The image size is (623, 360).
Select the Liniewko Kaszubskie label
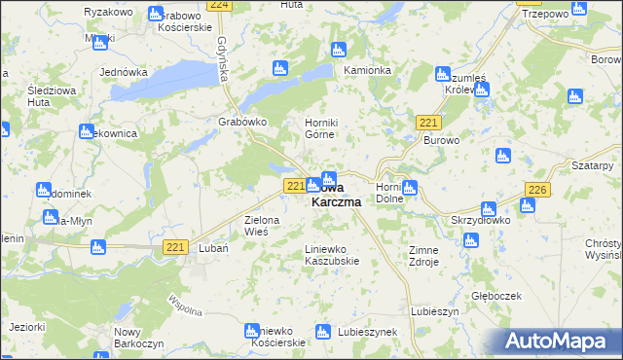pos(333,254)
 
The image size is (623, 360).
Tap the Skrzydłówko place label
pos(476,221)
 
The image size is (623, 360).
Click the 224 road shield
pos(220,5)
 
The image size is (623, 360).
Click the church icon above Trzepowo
pos(579,10)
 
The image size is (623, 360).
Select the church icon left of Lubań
pos(97,248)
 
